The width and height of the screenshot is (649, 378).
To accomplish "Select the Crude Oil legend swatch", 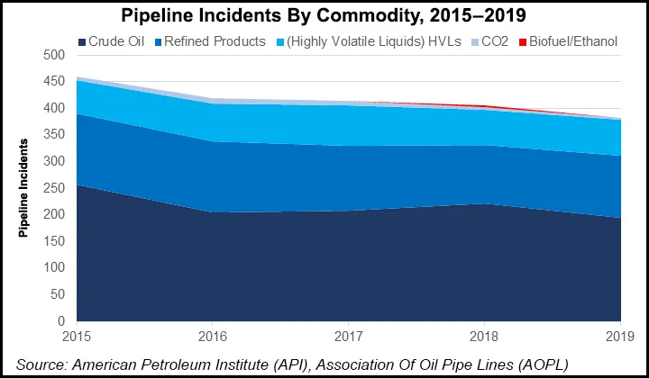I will pos(82,41).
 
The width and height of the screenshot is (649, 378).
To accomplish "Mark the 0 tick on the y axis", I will pos(62,321).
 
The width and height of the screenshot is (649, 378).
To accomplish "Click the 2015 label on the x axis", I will pos(77,336).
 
